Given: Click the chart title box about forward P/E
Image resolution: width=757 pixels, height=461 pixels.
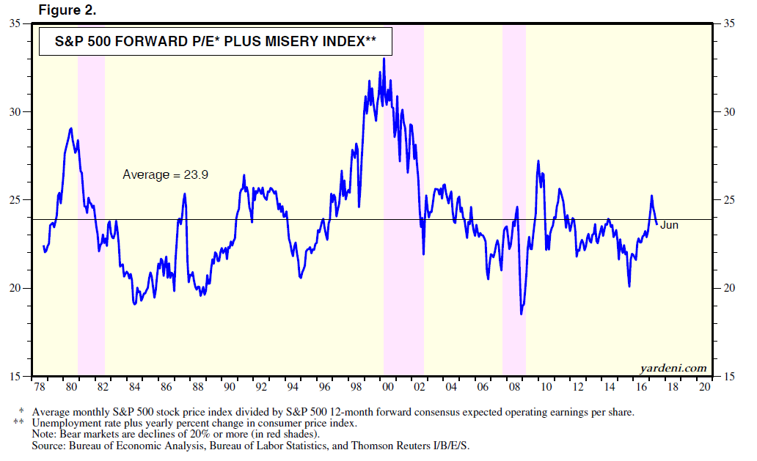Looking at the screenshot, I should tap(216, 42).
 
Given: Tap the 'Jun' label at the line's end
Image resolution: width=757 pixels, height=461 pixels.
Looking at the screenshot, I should tap(669, 225).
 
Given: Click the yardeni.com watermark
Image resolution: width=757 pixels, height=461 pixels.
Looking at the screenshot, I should tap(673, 368).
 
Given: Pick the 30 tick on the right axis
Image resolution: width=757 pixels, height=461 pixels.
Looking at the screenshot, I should tap(729, 111).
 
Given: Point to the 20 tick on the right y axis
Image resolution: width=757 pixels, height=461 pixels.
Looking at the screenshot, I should tap(729, 287).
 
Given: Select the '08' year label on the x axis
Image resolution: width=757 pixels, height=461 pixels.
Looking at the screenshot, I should tap(515, 386).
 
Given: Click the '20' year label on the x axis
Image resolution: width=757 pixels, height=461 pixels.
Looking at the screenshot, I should tap(705, 386).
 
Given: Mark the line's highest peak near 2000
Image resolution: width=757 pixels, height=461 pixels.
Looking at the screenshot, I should tap(384, 59).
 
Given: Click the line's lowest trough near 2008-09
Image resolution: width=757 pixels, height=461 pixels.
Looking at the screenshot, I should tap(522, 314).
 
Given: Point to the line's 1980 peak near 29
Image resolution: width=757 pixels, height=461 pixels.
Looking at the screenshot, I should tap(70, 128).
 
